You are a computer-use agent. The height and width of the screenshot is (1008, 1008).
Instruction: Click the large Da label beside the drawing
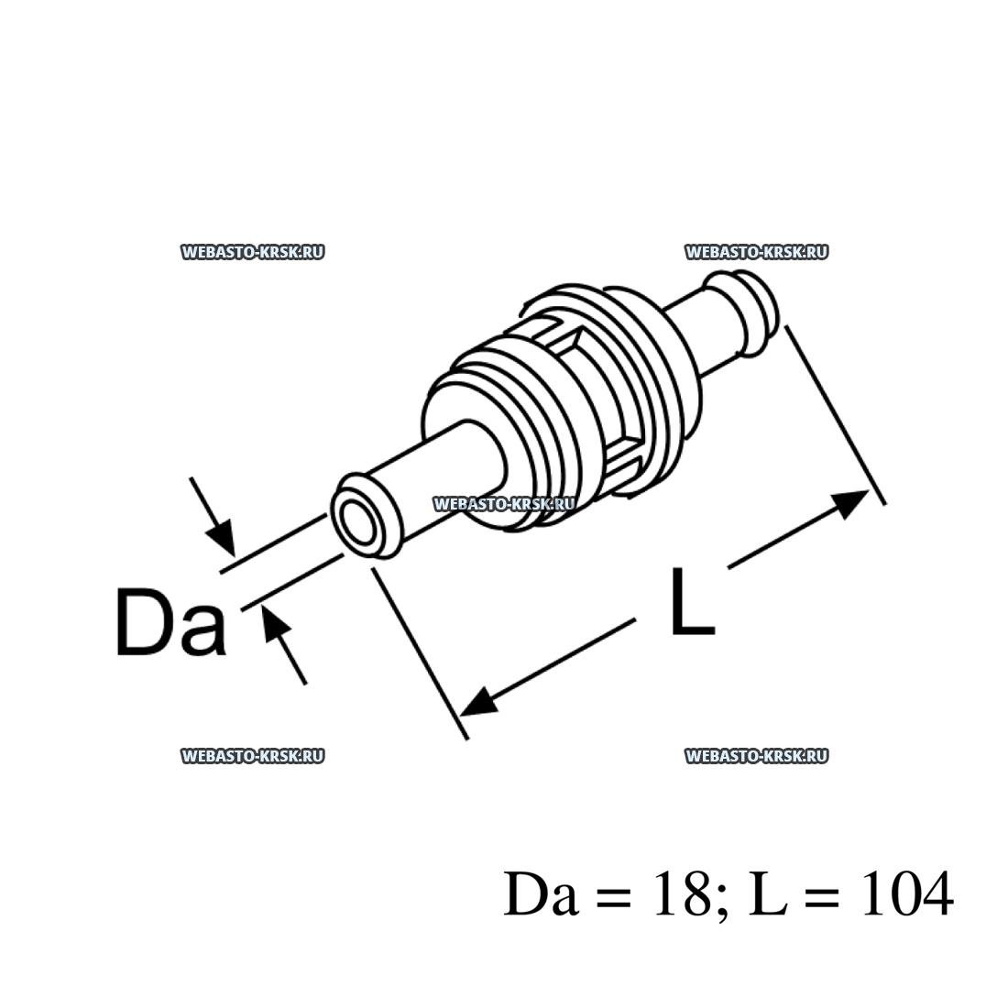coord(171,622)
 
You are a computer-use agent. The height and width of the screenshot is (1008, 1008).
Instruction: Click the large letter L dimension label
coord(691,602)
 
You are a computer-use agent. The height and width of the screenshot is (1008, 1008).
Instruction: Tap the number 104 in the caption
coord(904,894)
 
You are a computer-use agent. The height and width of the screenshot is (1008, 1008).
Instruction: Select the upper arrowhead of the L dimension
coord(851,501)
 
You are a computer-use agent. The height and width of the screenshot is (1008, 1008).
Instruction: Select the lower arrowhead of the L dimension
coord(479,704)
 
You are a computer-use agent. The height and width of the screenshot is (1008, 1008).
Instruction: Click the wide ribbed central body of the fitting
coord(568,403)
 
